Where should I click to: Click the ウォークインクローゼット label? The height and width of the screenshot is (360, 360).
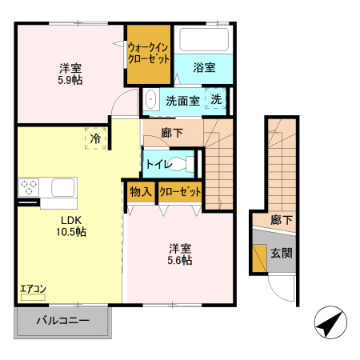(x=149, y=54)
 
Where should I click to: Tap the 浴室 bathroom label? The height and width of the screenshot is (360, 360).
(x=203, y=68)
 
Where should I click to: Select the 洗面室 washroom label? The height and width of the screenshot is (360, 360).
(x=182, y=101)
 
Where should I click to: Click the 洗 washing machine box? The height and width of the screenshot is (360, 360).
(x=216, y=99)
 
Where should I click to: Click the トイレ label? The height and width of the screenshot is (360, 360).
(x=158, y=164)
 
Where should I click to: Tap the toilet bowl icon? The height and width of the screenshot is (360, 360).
(x=183, y=164)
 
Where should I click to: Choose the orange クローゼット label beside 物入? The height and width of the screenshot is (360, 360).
(x=179, y=192)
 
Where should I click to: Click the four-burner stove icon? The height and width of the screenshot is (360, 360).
(x=30, y=189)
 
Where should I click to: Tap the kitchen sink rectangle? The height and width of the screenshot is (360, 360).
(x=63, y=189)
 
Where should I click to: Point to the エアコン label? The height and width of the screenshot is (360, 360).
(x=33, y=288)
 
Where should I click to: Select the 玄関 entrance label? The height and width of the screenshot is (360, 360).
(x=281, y=254)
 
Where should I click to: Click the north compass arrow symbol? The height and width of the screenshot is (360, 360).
(x=329, y=325)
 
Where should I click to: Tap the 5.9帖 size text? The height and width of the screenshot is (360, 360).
(x=70, y=80)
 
